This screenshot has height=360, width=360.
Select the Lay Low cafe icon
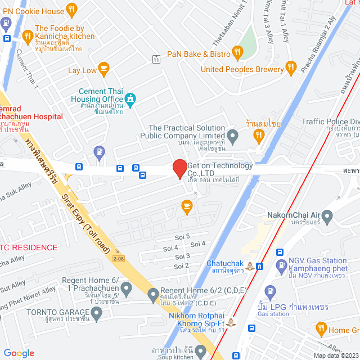pyautogui.click(x=103, y=69)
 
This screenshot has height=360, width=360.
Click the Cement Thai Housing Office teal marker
pyautogui.click(x=130, y=100)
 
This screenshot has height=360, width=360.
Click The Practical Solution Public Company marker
pyautogui.click(x=232, y=135)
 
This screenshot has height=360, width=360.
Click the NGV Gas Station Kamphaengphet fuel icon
pyautogui.click(x=280, y=265)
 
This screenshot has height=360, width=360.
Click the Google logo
pyautogui.click(x=19, y=353)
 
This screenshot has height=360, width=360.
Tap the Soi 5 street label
pyautogui.click(x=184, y=236)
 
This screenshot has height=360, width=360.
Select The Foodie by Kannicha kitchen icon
pyautogui.click(x=27, y=38)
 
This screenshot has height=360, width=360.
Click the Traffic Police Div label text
pyautogui.click(x=330, y=121)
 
